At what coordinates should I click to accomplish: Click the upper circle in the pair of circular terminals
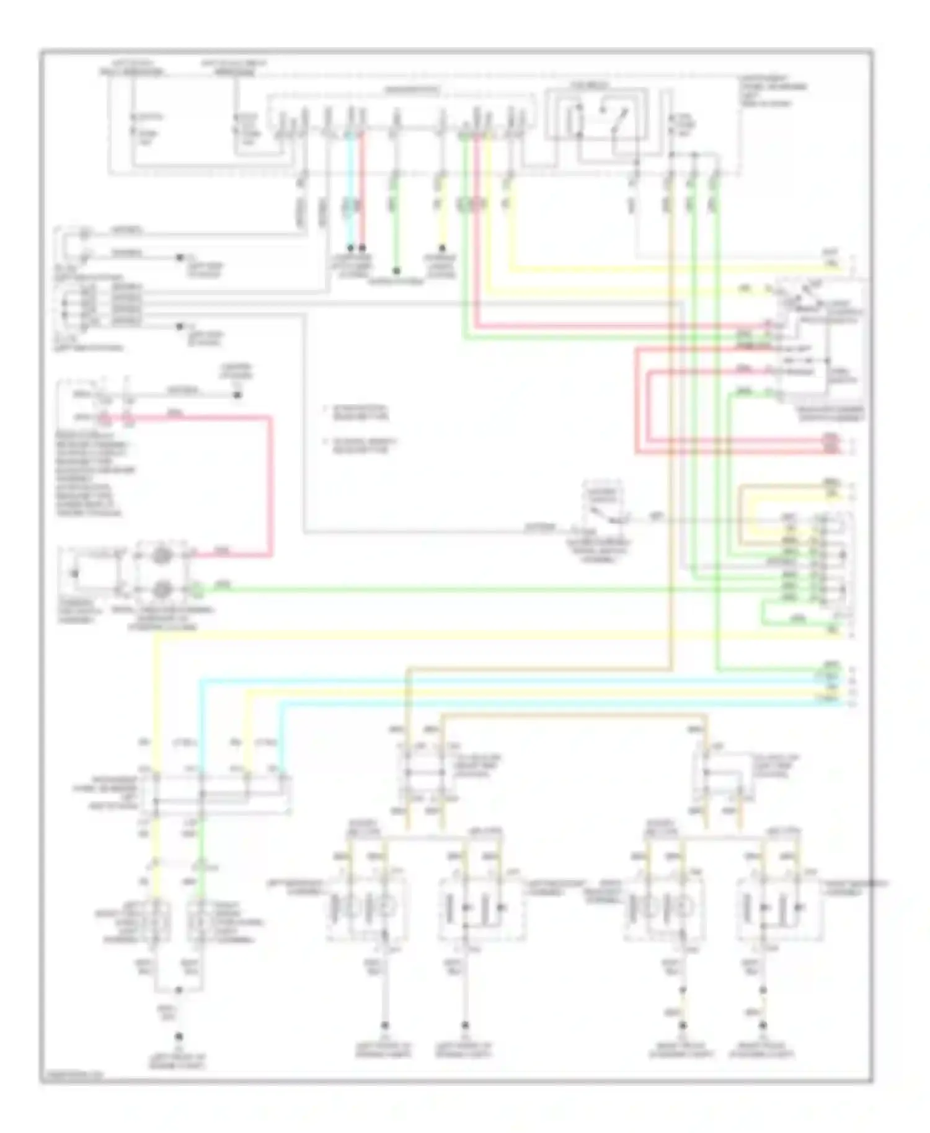coord(162,556)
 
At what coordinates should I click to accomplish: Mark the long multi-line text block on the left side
coord(96,475)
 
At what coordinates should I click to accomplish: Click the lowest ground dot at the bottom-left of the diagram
coord(179,1036)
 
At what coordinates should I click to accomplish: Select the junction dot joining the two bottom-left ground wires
coord(179,990)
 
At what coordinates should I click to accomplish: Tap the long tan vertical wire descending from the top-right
coord(671,434)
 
